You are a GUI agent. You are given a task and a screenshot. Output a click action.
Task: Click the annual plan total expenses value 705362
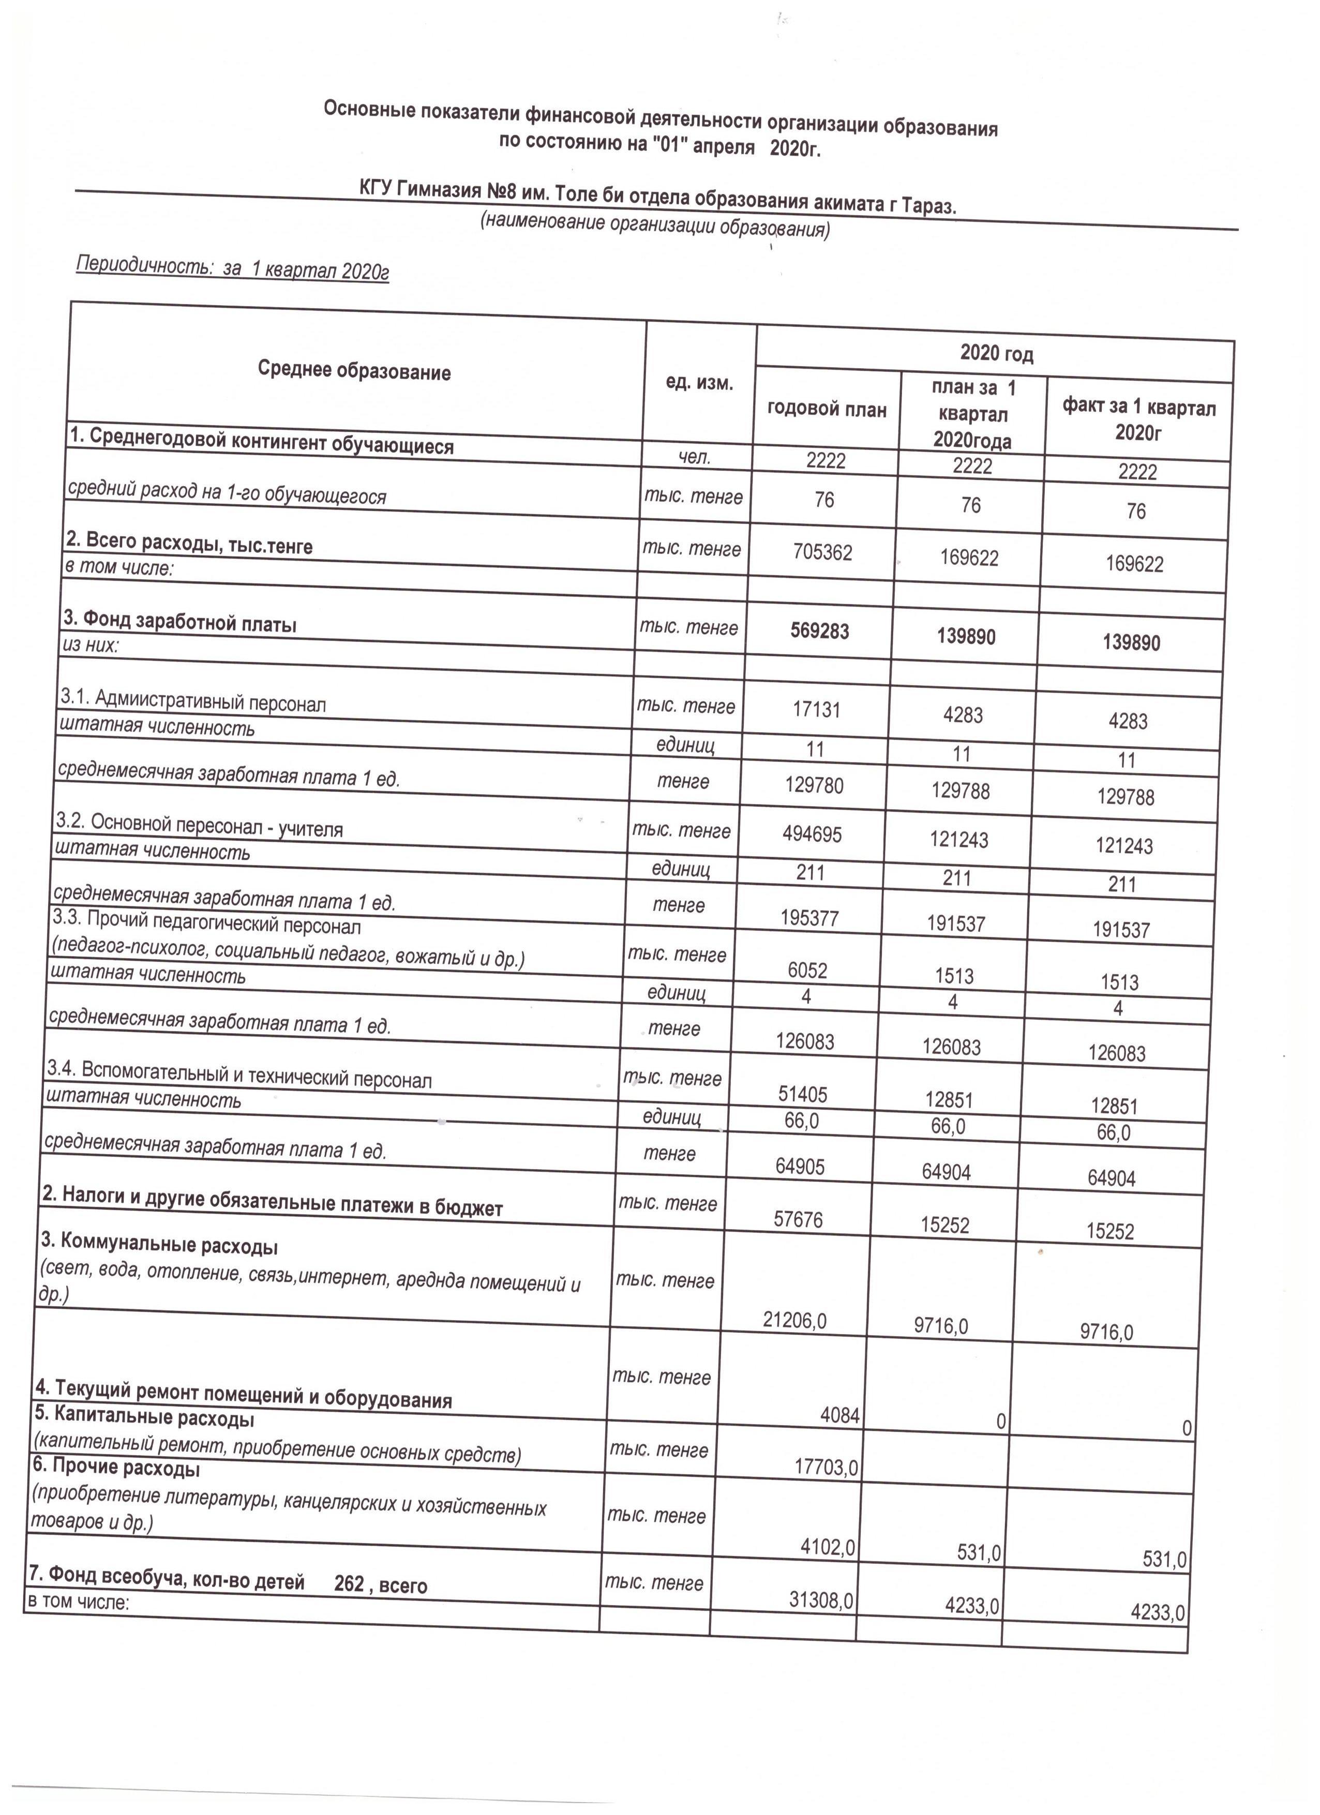pyautogui.click(x=823, y=551)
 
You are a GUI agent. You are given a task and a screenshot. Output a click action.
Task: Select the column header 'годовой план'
pyautogui.click(x=827, y=410)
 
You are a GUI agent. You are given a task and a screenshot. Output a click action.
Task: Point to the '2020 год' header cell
pyautogui.click(x=997, y=353)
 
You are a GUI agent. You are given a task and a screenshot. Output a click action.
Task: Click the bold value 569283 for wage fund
pyautogui.click(x=820, y=631)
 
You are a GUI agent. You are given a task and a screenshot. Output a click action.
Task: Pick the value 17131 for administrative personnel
pyautogui.click(x=817, y=709)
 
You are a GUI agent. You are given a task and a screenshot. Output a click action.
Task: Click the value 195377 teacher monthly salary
pyautogui.click(x=810, y=918)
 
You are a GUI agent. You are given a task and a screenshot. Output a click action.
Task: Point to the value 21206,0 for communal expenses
pyautogui.click(x=795, y=1320)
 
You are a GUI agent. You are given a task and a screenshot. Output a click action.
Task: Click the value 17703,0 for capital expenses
pyautogui.click(x=826, y=1467)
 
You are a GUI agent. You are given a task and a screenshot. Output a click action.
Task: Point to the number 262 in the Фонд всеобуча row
pyautogui.click(x=349, y=1583)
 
